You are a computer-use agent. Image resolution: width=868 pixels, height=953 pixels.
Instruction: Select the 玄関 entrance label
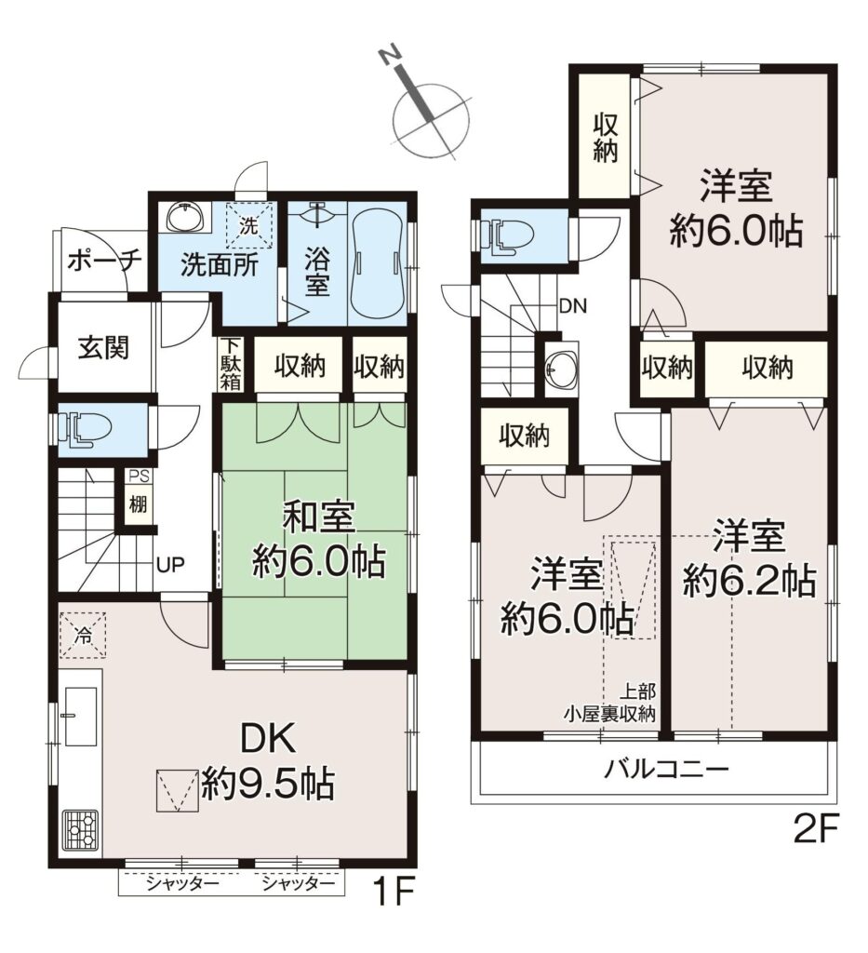click(103, 348)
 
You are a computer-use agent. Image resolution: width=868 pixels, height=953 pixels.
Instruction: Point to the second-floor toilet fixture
click(506, 235)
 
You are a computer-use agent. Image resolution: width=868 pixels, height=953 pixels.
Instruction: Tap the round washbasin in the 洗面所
click(183, 216)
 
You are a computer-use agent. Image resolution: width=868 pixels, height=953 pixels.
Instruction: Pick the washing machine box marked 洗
click(249, 225)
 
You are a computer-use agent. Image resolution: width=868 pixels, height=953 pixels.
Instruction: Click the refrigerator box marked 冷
click(83, 634)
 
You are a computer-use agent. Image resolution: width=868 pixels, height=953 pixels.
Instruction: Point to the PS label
click(138, 476)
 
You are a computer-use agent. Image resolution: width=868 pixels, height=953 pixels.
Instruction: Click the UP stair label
click(170, 565)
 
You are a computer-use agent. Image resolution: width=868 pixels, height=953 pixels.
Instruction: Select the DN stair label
click(573, 306)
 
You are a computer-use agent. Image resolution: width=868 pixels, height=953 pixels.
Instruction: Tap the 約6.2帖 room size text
click(749, 582)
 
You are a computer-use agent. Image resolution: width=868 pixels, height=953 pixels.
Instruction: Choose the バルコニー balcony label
click(666, 771)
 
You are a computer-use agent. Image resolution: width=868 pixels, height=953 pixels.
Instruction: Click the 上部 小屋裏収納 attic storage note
click(610, 703)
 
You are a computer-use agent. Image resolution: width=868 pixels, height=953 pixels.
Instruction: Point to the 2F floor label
click(817, 830)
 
